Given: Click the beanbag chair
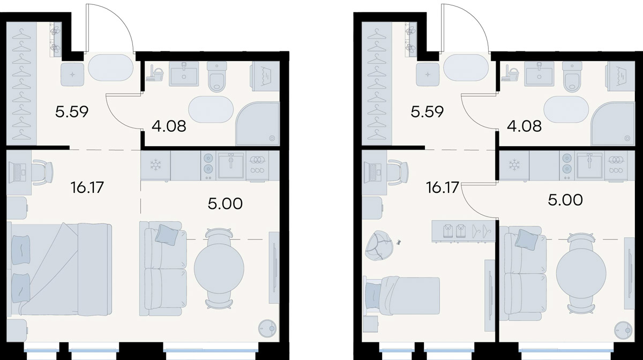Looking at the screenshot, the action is [x=376, y=246].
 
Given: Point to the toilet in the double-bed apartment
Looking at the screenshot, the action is [x=217, y=77].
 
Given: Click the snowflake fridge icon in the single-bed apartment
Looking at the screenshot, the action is [x=514, y=165].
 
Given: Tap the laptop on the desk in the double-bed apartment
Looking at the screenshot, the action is [x=17, y=171].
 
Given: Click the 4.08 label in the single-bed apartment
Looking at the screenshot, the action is [x=524, y=126].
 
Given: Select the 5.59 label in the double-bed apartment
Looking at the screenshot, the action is [x=72, y=111].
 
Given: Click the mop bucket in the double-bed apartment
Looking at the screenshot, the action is [x=154, y=73].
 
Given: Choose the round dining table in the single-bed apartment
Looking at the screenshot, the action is [x=581, y=273].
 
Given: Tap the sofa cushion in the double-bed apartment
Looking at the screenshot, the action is [x=167, y=235].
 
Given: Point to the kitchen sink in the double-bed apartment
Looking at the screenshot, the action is [x=231, y=166].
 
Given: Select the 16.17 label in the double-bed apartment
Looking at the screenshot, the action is [x=87, y=187].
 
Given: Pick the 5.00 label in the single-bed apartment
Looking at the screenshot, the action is [x=565, y=200].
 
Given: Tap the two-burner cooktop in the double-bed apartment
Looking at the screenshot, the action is [x=208, y=166].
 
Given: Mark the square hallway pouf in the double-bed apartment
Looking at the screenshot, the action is [x=72, y=74].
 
